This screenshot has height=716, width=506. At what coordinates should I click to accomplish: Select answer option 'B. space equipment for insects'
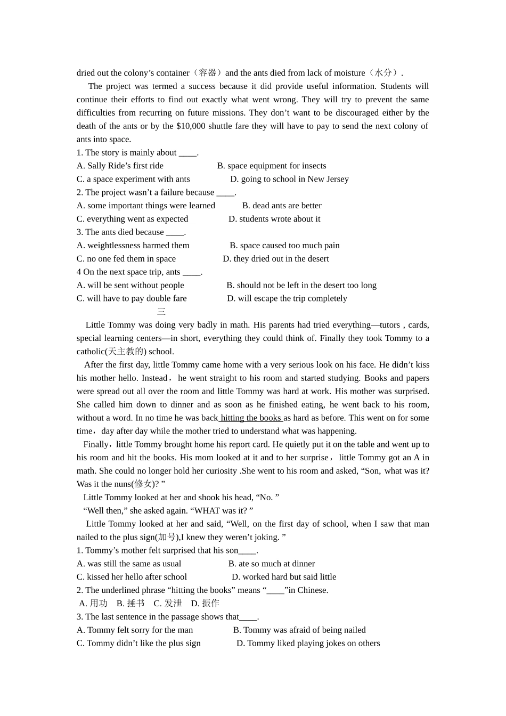(272, 166)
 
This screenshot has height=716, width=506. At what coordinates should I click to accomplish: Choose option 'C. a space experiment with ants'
(133, 179)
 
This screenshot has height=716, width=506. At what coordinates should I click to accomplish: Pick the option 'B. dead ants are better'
(282, 206)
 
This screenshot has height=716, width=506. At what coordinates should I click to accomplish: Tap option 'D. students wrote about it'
(274, 219)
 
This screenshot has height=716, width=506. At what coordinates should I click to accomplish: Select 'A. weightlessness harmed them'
(133, 246)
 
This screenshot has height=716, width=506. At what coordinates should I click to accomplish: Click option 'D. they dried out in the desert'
(276, 259)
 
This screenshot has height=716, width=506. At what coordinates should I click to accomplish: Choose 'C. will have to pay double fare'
(132, 298)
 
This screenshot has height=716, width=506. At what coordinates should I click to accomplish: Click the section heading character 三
(161, 312)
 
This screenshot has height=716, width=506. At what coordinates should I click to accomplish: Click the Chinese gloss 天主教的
(126, 352)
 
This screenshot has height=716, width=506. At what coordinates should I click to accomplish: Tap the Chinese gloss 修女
(143, 484)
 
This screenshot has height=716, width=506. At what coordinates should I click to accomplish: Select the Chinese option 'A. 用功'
(93, 604)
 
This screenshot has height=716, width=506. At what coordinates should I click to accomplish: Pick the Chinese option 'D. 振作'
(205, 604)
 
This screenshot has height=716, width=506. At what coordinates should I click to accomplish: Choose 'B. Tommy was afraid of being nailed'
(299, 630)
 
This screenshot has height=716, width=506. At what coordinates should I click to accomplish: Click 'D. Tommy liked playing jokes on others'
(308, 644)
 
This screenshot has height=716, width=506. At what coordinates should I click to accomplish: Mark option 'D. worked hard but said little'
(284, 577)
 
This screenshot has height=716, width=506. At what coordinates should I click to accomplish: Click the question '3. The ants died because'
(130, 232)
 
